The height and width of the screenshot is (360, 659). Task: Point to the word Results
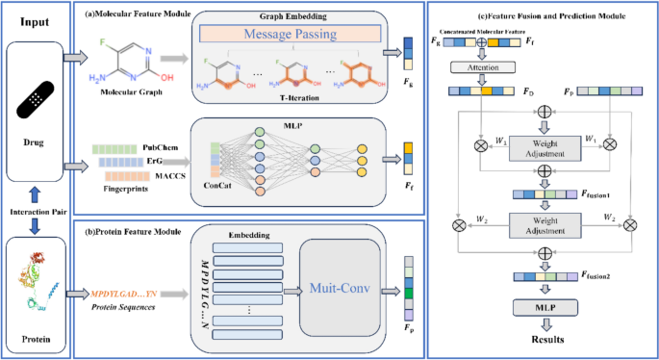tap(545, 340)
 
